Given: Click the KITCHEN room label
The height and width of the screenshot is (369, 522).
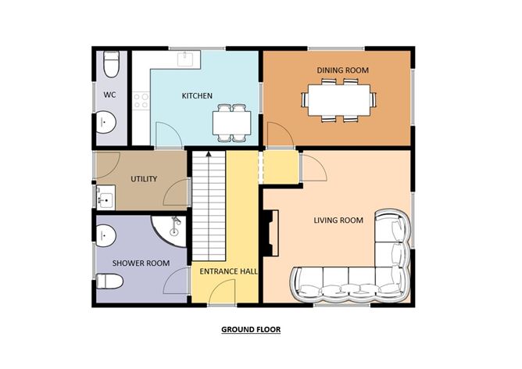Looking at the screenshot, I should pos(197,96).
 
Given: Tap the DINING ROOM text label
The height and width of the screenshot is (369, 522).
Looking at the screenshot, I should pos(342,70).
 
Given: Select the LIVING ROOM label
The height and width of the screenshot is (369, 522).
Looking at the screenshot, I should pos(338,220).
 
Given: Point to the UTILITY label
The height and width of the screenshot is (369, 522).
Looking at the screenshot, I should pos(144,179).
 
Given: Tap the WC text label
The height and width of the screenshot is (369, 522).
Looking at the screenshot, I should pos(109,95).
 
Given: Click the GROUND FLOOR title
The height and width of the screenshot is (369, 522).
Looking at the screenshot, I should pos(250,330).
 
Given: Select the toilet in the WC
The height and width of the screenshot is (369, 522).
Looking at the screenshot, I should pos(111,63).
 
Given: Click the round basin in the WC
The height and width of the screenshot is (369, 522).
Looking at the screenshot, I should pos(107,122).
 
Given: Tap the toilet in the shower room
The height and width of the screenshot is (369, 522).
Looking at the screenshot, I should pos(109,281).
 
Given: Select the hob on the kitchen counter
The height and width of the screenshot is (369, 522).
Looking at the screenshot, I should pos(141,100).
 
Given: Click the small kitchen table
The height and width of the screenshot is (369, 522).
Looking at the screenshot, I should pos(232,122).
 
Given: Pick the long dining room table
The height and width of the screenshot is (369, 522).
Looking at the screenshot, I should pos(339,99).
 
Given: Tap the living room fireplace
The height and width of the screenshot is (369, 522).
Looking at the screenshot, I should pos(270,235).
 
